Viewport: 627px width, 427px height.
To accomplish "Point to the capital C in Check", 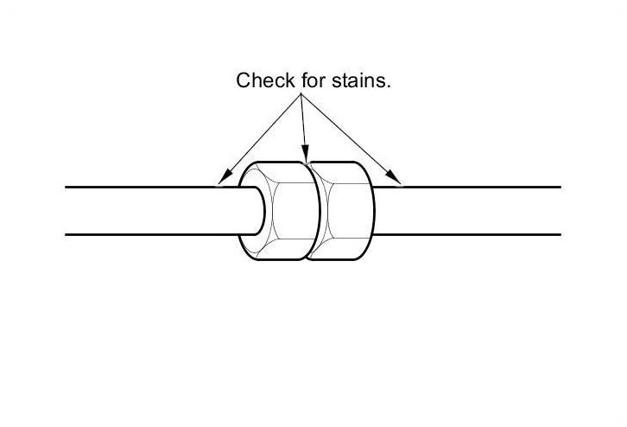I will click(243, 81).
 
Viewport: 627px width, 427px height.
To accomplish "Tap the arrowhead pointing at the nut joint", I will click(305, 156).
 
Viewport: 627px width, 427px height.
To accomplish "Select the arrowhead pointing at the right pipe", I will click(396, 180).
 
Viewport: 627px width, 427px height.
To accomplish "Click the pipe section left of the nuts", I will click(147, 210).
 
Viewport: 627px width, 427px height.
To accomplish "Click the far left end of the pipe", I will click(68, 210).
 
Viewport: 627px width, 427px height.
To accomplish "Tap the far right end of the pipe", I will click(559, 210).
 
